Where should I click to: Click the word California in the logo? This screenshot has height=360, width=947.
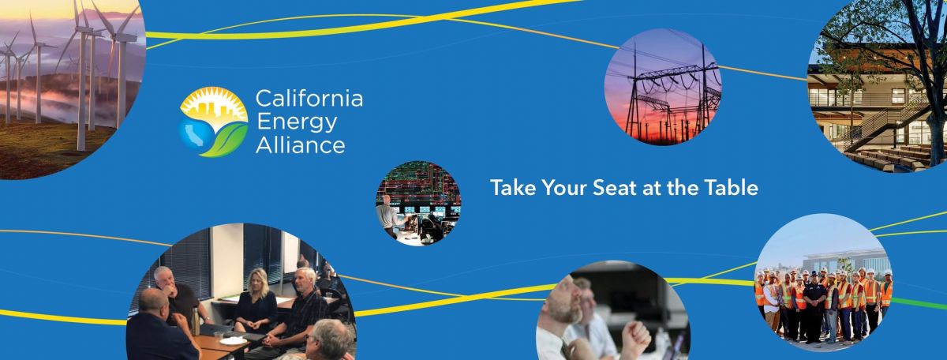(309, 99)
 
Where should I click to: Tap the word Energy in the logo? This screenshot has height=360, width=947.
(297, 123)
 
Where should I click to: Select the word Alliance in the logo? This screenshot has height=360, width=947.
(301, 145)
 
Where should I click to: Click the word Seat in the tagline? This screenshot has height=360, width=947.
(615, 187)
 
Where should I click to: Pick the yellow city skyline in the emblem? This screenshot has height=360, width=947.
(215, 110)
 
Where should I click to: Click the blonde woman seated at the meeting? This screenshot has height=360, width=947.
(256, 302)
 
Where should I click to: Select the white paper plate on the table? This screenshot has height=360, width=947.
(233, 341)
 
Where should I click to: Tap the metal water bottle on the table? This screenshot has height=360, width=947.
(196, 321)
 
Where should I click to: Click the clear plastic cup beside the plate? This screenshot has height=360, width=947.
(218, 337)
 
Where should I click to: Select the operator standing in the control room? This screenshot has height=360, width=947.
(388, 216)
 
